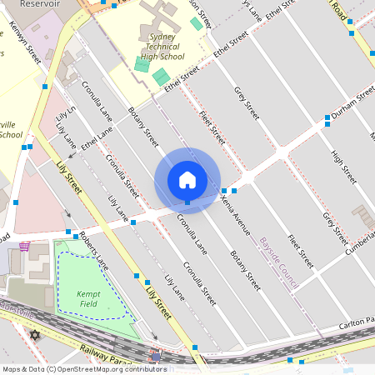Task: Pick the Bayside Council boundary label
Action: pyautogui.click(x=278, y=262)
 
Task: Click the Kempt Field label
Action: pyautogui.click(x=88, y=299)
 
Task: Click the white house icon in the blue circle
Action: pyautogui.click(x=187, y=180)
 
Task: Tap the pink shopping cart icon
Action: pyautogui.click(x=25, y=246)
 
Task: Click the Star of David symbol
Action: pyautogui.click(x=34, y=335)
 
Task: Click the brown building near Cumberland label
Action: pyautogui.click(x=363, y=217)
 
